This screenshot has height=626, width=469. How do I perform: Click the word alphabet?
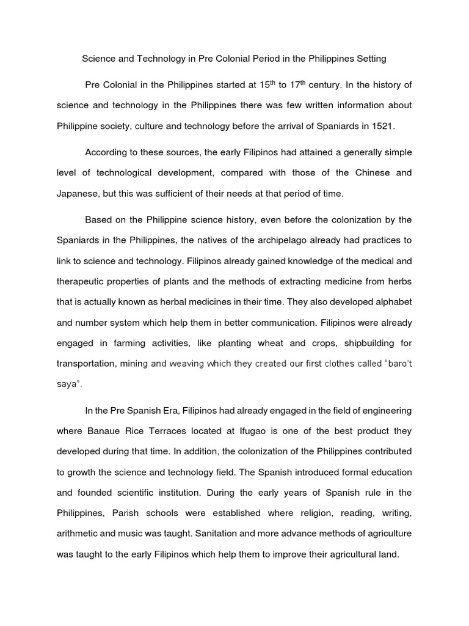point(391,304)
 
